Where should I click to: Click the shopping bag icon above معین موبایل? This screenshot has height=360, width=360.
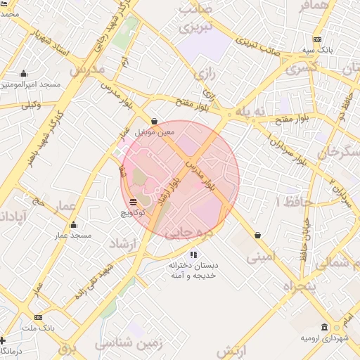(x=154, y=120)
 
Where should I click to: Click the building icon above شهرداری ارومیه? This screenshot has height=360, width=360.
(x=324, y=328)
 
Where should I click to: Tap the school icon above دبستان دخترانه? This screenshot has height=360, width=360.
(x=193, y=254)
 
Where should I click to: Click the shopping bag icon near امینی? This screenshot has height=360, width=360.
(x=258, y=235)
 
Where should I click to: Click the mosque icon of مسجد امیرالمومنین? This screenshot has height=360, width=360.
(x=23, y=74)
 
